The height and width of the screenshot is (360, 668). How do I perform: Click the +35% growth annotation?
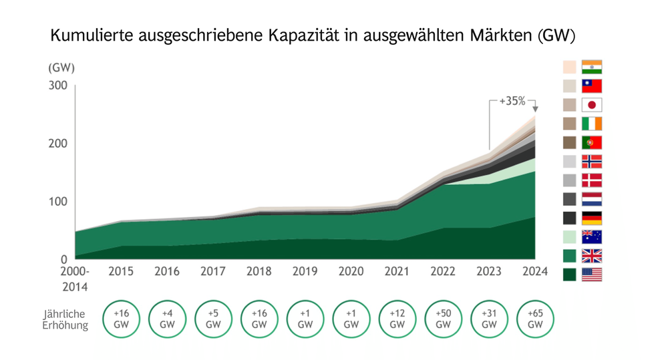(512, 102)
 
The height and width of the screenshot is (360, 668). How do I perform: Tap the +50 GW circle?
(443, 319)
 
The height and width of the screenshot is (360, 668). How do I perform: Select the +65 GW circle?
(535, 319)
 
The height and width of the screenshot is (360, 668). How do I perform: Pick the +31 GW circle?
(489, 319)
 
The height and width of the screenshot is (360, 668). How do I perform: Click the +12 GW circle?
(397, 319)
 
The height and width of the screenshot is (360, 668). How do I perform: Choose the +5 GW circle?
(213, 319)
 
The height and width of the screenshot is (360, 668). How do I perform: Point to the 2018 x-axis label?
(259, 272)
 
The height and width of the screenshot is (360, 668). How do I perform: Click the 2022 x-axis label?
(443, 272)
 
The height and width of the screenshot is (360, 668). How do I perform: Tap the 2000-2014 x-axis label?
(75, 279)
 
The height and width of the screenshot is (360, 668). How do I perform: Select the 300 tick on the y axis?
(57, 85)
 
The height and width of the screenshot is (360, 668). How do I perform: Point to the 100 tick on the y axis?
(57, 201)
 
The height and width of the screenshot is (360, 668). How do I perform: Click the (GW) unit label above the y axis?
(61, 67)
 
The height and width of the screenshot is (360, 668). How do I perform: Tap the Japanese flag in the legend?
(592, 105)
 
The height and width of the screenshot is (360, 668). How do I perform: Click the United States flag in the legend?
(592, 275)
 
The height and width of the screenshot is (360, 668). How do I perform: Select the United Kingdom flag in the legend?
(592, 256)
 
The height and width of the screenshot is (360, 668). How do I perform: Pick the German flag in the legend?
(592, 218)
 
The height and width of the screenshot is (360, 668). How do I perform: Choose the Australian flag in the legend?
(592, 236)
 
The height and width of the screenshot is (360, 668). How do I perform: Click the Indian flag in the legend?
(592, 67)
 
